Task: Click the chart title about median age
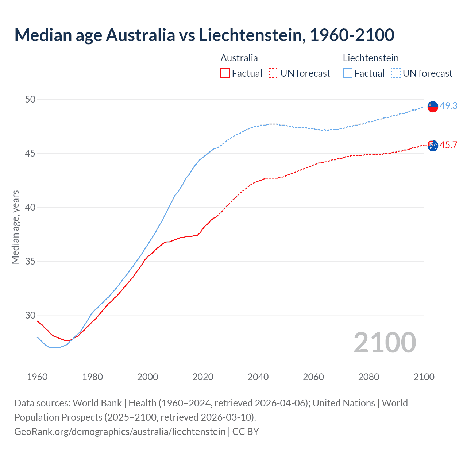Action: [204, 35]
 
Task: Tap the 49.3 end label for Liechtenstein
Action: [448, 106]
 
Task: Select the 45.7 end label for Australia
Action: [448, 145]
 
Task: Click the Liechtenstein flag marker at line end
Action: [433, 106]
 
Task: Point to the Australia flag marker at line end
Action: [433, 145]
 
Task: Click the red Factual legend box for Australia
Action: [225, 73]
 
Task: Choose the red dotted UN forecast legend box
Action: [274, 73]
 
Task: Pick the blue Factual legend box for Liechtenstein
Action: [348, 73]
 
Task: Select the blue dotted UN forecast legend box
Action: [396, 73]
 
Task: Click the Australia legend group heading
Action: [239, 58]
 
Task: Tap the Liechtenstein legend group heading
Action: [370, 58]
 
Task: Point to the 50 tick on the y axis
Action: [30, 99]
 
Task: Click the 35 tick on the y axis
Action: [30, 262]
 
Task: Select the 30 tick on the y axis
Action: [30, 316]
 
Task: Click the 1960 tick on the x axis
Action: [37, 377]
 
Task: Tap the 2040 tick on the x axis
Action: [258, 377]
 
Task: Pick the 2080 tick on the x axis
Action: [368, 377]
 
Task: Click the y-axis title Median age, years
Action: [15, 227]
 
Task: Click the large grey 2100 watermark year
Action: [385, 343]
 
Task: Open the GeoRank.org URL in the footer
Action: [120, 432]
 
